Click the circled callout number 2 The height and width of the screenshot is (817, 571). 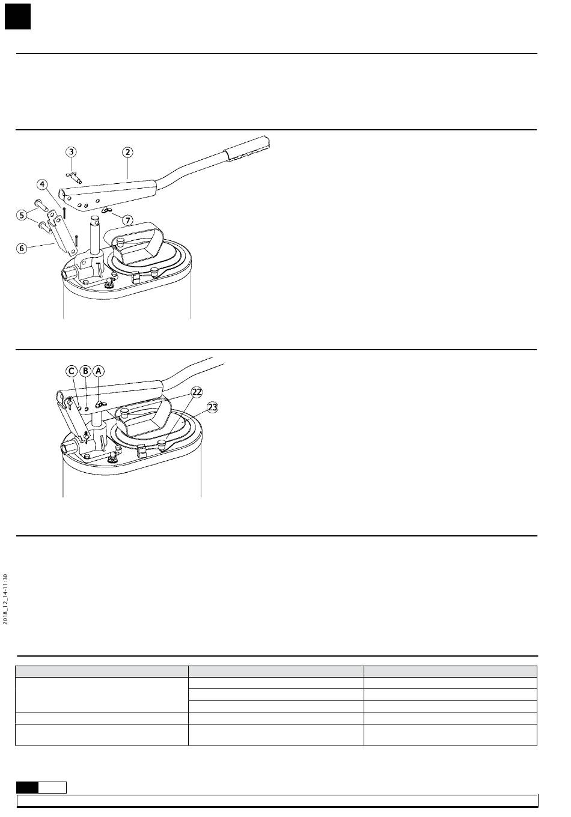[128, 152]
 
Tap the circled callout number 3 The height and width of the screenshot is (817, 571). [72, 152]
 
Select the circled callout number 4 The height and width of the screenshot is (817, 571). [42, 184]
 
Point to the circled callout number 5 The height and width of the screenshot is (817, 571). [22, 214]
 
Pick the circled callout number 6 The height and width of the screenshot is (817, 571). [22, 248]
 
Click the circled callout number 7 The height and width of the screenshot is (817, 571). [128, 220]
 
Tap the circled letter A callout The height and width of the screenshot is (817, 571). [98, 371]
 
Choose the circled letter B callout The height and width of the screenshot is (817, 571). [85, 371]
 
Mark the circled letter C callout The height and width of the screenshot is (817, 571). [72, 371]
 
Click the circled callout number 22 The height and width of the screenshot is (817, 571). [197, 392]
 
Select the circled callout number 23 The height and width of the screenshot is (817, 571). [212, 407]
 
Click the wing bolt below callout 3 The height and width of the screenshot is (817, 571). [73, 176]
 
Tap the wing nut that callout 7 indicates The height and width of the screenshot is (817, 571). [107, 211]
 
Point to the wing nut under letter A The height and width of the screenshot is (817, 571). [100, 405]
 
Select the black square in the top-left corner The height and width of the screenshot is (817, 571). [17, 17]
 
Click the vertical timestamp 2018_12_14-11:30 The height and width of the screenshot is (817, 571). [5, 599]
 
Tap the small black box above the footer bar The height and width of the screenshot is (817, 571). [27, 788]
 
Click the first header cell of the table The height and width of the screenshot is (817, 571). [102, 672]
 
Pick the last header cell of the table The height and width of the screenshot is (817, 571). [450, 672]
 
